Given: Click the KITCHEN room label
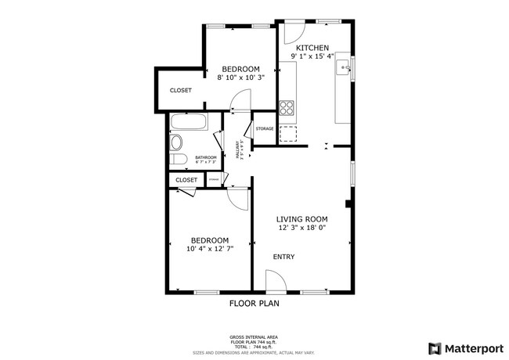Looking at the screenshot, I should tap(312, 48).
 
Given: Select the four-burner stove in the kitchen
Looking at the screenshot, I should tap(287, 108).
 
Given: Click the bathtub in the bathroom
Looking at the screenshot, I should tap(188, 122).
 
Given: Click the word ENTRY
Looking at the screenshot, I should tap(283, 257).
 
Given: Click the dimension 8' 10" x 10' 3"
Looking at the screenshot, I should tap(241, 77).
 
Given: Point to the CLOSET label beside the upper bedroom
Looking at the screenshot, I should tap(181, 90).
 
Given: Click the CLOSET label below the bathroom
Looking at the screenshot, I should tap(186, 180).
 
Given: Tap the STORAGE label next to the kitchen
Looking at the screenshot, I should tap(265, 128).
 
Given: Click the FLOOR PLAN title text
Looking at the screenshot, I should tap(254, 303).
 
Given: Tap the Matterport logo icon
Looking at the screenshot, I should tap(433, 347).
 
